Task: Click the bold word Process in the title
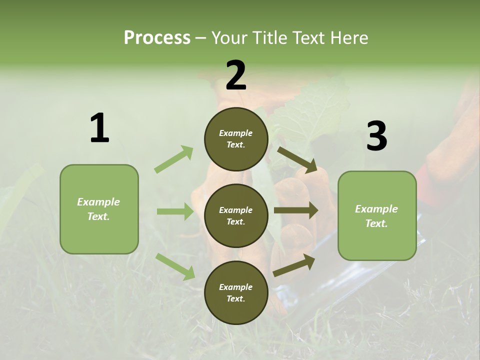coord(157,38)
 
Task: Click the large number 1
coord(99,128)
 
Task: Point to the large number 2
coord(236,76)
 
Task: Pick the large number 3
coord(376,136)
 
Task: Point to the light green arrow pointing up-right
coord(173,159)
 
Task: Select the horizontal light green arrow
coord(175,211)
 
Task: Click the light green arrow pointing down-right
coord(175,266)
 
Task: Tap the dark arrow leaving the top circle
coord(297,160)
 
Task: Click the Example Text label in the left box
coord(98,209)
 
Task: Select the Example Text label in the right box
coord(376,216)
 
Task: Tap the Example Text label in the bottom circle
coord(236,293)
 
